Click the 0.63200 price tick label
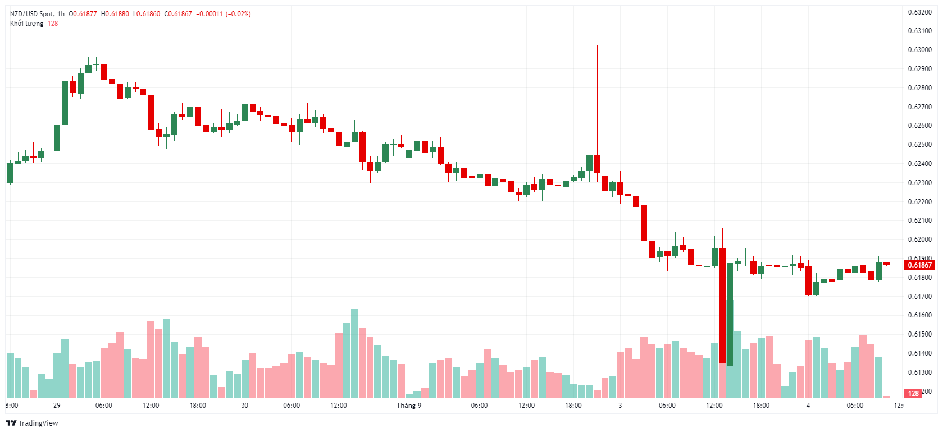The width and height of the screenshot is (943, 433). (919, 12)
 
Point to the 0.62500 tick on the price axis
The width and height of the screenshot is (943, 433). (919, 145)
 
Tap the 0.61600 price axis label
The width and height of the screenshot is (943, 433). (919, 315)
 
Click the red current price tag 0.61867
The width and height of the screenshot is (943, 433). (919, 265)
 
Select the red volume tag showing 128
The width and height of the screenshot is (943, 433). (913, 393)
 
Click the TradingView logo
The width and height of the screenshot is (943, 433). (32, 423)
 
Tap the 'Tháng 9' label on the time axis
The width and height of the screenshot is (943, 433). (409, 406)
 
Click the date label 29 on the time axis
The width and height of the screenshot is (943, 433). (57, 406)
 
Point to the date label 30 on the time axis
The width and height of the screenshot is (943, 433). (244, 406)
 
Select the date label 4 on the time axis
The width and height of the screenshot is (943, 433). (808, 406)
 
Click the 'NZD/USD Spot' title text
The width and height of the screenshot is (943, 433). (32, 14)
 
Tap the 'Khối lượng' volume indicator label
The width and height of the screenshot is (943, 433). (26, 24)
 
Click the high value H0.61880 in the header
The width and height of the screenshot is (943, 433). (115, 14)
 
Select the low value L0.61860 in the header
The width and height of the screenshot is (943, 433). (146, 14)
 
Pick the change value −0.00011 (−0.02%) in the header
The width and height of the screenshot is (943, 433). (223, 14)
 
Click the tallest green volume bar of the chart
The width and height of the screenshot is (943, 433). (354, 353)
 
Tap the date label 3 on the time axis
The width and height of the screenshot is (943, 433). (620, 406)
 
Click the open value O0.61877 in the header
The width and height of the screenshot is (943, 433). (83, 14)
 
